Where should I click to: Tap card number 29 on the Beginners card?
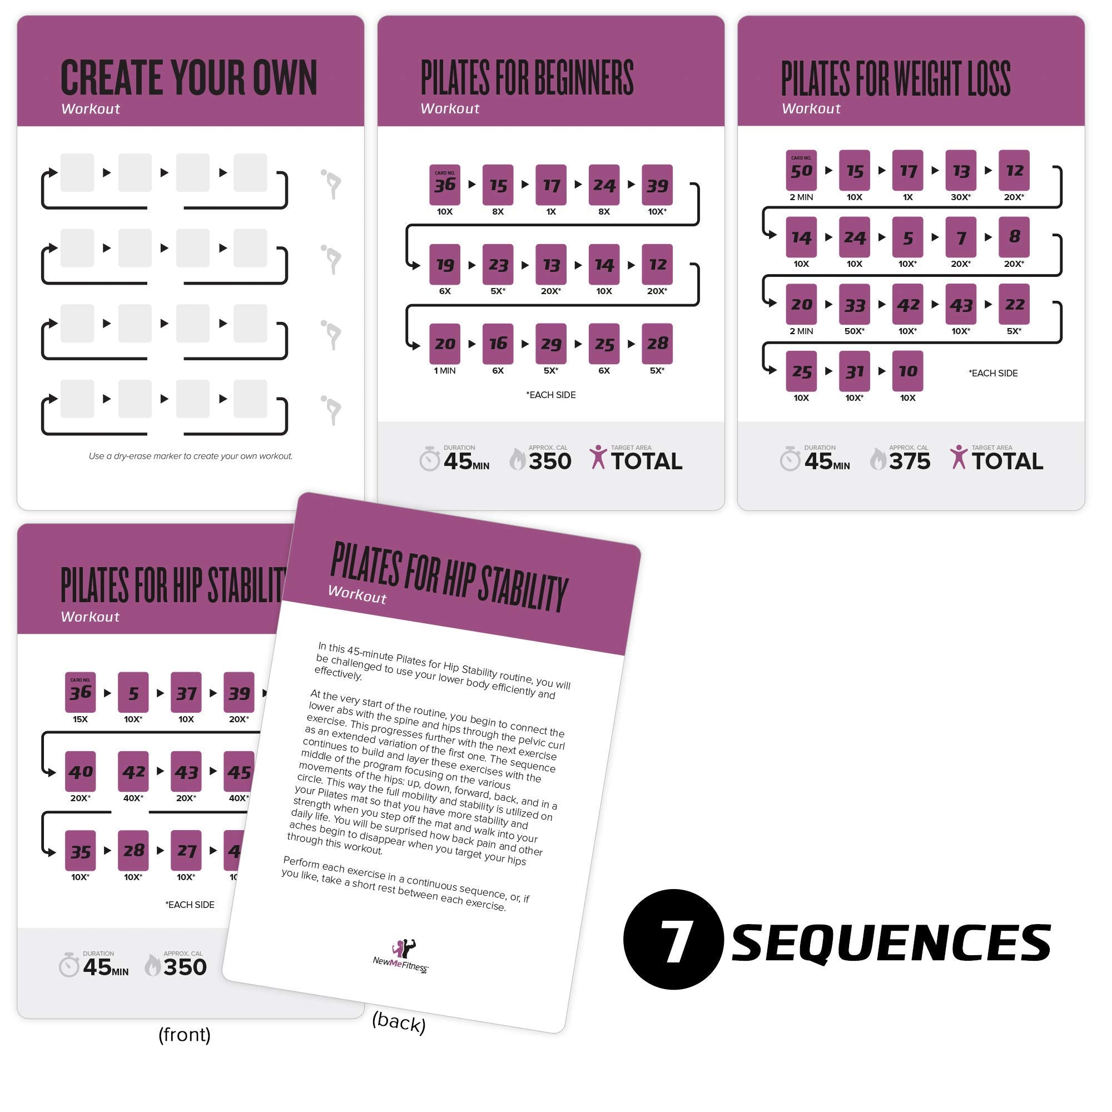pyautogui.click(x=551, y=344)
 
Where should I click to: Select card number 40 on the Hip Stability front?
pyautogui.click(x=80, y=771)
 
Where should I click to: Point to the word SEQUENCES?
pyautogui.click(x=890, y=943)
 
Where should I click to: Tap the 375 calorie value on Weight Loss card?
pyautogui.click(x=910, y=461)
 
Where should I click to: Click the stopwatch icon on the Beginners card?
pyautogui.click(x=429, y=459)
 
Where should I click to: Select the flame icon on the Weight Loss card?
pyautogui.click(x=877, y=459)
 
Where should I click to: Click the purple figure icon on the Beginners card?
pyautogui.click(x=598, y=457)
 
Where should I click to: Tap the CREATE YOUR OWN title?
pyautogui.click(x=189, y=78)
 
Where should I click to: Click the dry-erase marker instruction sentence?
pyautogui.click(x=191, y=456)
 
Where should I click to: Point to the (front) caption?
pyautogui.click(x=184, y=1034)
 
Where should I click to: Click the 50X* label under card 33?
pyautogui.click(x=854, y=331)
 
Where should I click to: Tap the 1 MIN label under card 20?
pyautogui.click(x=444, y=371)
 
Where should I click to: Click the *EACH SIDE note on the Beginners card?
pyautogui.click(x=550, y=395)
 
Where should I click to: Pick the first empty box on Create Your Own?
pyautogui.click(x=77, y=173)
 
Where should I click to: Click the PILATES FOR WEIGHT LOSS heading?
pyautogui.click(x=895, y=78)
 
